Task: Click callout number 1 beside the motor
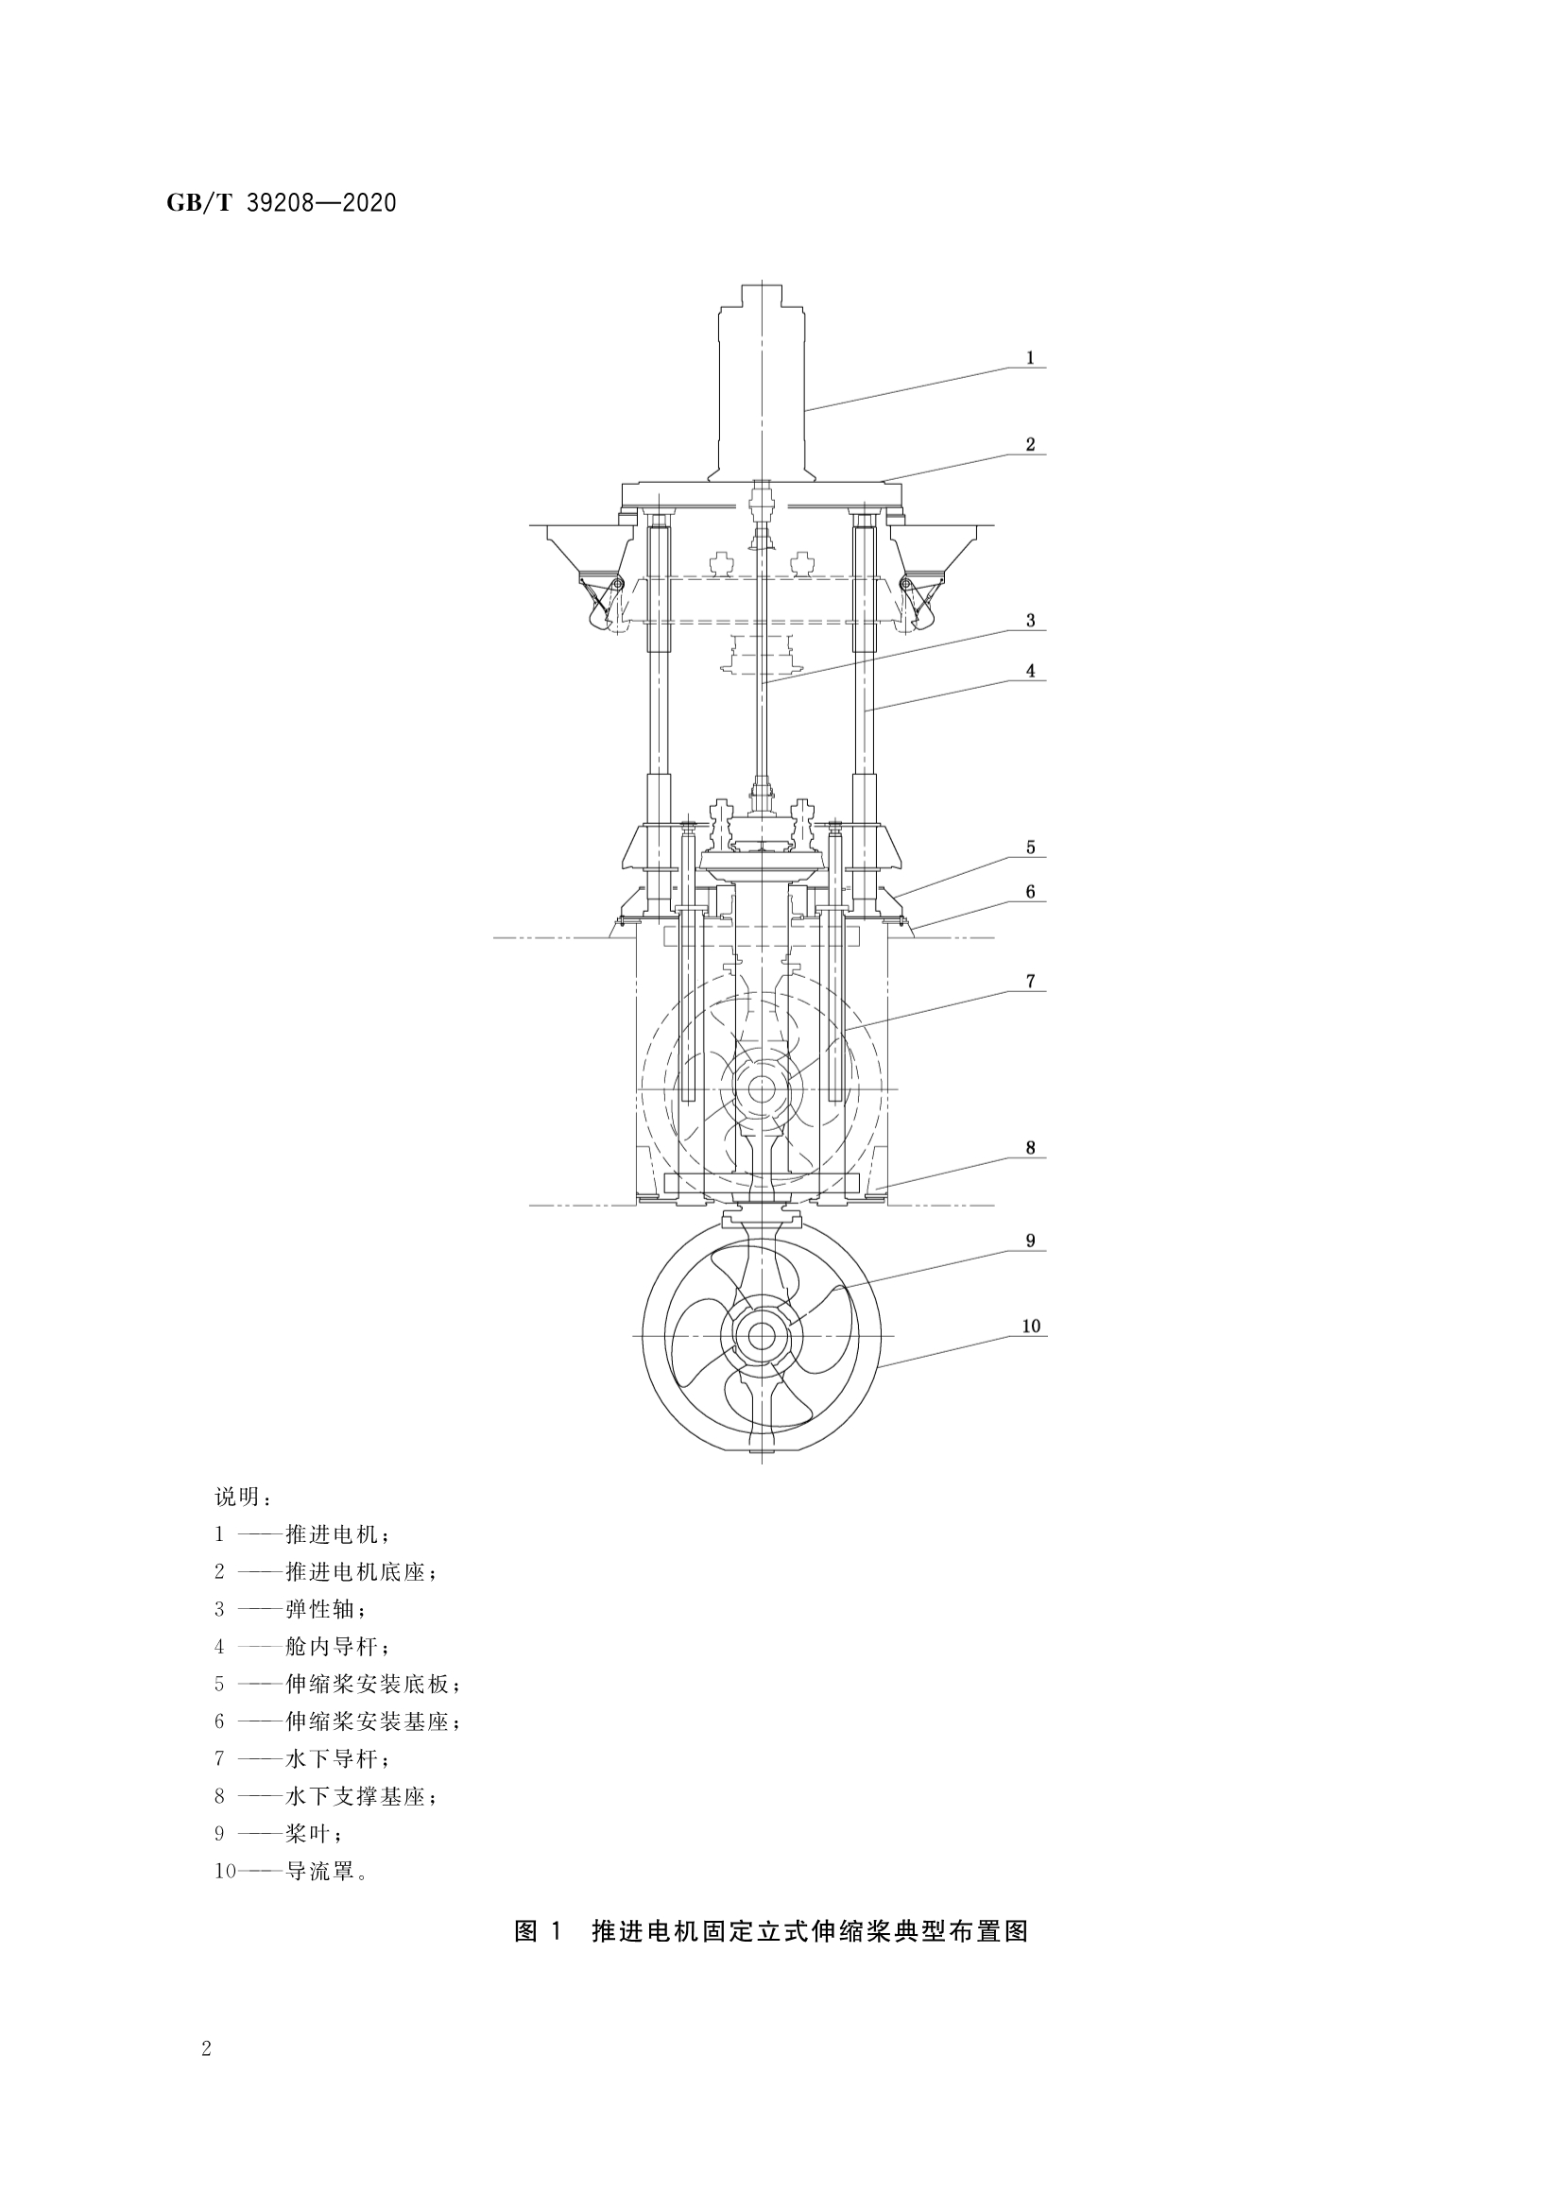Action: click(x=1030, y=358)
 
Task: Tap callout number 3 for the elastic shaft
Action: click(x=1030, y=621)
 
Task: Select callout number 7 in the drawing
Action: click(x=1030, y=982)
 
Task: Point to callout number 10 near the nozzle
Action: click(x=1031, y=1326)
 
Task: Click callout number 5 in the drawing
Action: click(x=1030, y=848)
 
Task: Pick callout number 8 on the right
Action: click(x=1030, y=1148)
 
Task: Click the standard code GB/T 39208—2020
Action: click(x=281, y=203)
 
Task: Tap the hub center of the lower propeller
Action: click(x=762, y=1335)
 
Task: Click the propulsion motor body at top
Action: click(x=762, y=385)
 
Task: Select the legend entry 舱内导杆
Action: click(x=336, y=1647)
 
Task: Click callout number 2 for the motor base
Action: click(x=1030, y=444)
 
